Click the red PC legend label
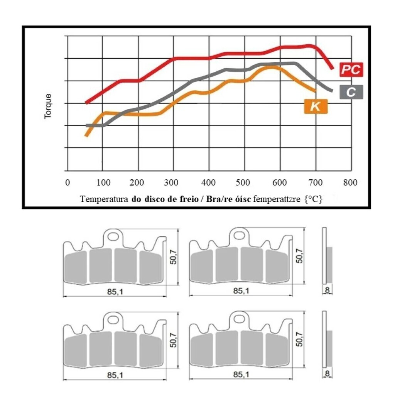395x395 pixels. pos(351,70)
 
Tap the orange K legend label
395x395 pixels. pos(316,107)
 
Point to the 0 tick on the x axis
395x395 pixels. pos(68,182)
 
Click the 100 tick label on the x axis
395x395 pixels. pos(102,182)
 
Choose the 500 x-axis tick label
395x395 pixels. pos(245,182)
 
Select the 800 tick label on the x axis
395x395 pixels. pos(350,182)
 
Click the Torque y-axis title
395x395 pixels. pos(48,106)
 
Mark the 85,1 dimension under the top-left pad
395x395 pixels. pos(115,292)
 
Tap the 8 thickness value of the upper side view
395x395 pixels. pos(327,290)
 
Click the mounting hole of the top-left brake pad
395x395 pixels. pos(113,235)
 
